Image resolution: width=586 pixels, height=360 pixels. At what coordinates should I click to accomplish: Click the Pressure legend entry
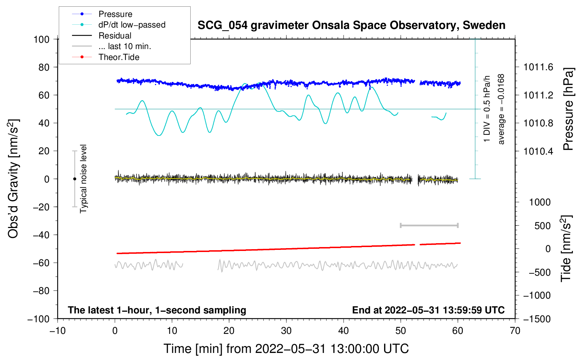tap(115, 14)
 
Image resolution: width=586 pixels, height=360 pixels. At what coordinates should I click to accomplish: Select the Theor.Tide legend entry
tap(119, 57)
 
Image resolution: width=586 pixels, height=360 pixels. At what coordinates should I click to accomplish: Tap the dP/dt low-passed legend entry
tap(132, 25)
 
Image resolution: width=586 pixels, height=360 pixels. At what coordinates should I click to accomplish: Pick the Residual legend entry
tap(115, 36)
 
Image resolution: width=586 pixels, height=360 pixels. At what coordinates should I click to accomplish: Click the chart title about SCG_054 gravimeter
tap(351, 25)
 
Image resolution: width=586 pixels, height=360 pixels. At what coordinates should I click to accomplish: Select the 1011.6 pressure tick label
tap(538, 67)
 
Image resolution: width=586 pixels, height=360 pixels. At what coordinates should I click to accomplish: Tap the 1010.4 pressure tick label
tap(538, 151)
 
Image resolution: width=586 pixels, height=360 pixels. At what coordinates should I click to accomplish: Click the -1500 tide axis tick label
tap(537, 319)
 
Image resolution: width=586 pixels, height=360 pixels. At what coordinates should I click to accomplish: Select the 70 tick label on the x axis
tap(515, 331)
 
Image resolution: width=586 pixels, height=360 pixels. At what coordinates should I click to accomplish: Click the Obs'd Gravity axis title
tap(13, 179)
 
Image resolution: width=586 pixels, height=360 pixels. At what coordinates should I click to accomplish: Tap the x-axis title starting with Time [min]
tap(286, 349)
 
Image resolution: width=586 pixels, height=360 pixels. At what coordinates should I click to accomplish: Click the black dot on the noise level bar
tap(74, 179)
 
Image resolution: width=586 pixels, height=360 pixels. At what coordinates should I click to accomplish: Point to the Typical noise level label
tap(83, 179)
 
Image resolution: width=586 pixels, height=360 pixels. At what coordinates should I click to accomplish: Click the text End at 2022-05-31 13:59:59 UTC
tap(428, 310)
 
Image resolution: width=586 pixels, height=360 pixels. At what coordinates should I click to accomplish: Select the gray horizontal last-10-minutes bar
tap(429, 225)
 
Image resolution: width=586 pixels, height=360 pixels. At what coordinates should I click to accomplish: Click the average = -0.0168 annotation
tap(501, 109)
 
